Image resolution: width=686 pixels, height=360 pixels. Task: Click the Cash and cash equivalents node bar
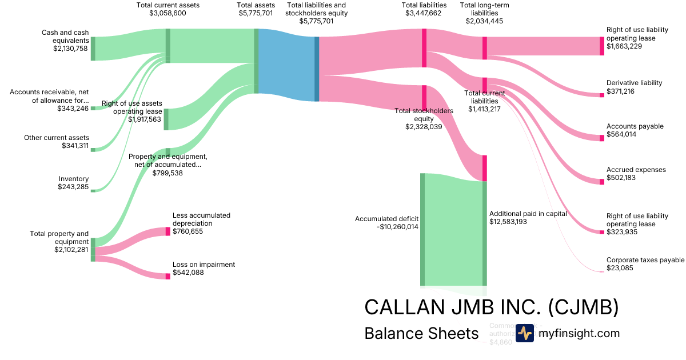click(93, 49)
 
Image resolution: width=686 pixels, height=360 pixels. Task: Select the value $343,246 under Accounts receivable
click(73, 109)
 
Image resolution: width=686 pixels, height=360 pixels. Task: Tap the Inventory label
click(74, 179)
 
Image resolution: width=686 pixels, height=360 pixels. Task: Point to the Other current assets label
click(57, 138)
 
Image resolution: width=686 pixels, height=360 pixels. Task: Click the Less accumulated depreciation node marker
click(167, 231)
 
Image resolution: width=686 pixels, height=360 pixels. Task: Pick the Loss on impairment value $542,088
click(188, 273)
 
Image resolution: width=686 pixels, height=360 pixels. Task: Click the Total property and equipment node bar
click(93, 250)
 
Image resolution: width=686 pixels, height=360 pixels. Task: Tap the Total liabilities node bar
click(424, 48)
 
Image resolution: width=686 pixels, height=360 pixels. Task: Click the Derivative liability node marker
click(601, 95)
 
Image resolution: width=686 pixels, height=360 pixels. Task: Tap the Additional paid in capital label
click(528, 214)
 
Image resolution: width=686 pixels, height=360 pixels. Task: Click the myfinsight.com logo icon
click(524, 333)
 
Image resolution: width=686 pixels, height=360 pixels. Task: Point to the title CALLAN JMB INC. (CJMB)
click(492, 307)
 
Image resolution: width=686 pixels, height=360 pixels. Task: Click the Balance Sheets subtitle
click(421, 333)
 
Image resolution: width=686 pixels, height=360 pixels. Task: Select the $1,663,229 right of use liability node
click(601, 46)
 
